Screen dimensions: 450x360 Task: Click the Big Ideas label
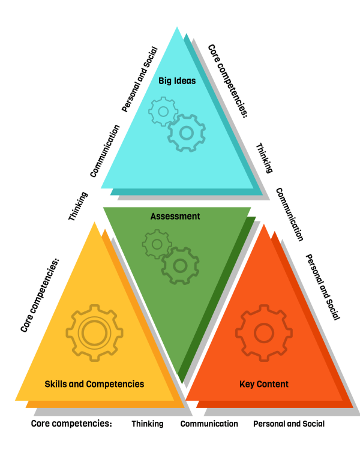(x=177, y=80)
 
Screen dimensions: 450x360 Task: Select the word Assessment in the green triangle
(x=175, y=217)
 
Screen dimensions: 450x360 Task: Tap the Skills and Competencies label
(x=95, y=383)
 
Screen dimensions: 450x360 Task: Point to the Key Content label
(x=264, y=384)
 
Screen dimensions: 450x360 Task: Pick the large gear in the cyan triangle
(x=186, y=133)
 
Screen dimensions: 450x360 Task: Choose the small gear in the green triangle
(x=157, y=244)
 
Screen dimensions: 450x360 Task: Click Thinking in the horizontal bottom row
(x=148, y=424)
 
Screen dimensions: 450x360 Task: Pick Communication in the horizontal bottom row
(x=209, y=424)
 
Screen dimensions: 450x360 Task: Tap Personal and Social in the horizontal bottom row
(x=289, y=424)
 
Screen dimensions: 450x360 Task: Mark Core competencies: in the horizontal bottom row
(x=71, y=424)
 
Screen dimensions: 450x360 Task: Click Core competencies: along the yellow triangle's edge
(x=41, y=296)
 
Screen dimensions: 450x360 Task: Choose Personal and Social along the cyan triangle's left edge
(x=140, y=79)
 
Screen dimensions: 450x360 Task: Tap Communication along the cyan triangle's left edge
(x=105, y=151)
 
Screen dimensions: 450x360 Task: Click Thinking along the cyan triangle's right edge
(x=264, y=158)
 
